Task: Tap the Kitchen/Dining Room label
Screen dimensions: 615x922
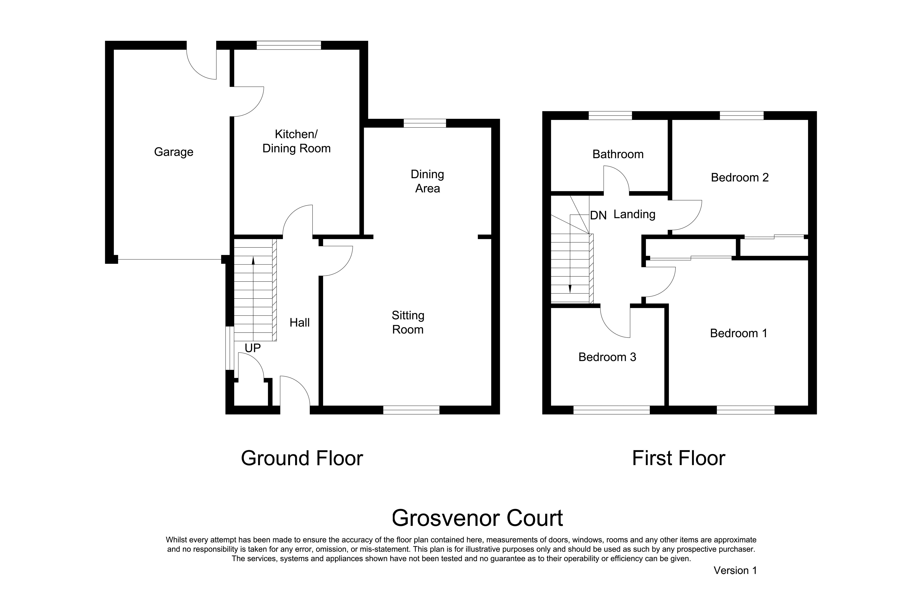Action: click(x=296, y=141)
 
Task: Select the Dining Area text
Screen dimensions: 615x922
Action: click(x=427, y=181)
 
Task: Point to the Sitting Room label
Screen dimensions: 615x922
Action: click(x=408, y=322)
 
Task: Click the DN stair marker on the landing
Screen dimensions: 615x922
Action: click(x=598, y=215)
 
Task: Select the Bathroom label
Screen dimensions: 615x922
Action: click(x=618, y=154)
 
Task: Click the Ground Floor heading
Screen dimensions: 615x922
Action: click(x=302, y=458)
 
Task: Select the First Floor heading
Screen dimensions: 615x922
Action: click(x=679, y=458)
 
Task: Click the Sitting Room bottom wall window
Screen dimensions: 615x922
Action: click(x=411, y=410)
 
